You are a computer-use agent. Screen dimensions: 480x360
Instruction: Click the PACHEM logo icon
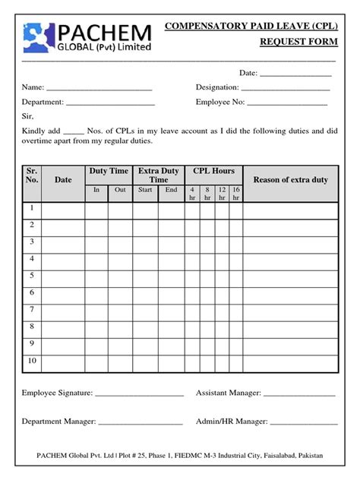pos(39,39)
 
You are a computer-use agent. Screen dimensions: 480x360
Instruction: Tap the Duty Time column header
pos(109,172)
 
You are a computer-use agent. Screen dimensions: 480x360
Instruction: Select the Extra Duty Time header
pos(158,175)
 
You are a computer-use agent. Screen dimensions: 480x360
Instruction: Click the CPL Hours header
pos(213,172)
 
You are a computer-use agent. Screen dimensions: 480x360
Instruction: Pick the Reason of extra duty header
pos(290,180)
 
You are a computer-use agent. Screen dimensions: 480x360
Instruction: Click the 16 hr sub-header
pos(236,193)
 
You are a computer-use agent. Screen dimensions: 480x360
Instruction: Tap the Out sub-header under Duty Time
pos(120,190)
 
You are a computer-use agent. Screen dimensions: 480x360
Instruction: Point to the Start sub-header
pos(145,190)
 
